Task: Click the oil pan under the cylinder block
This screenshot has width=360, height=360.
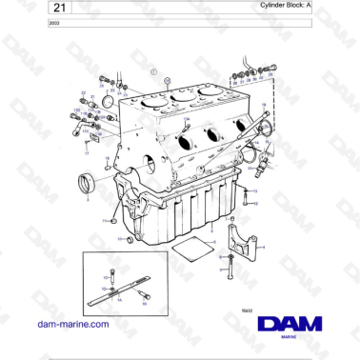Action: click(181, 205)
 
